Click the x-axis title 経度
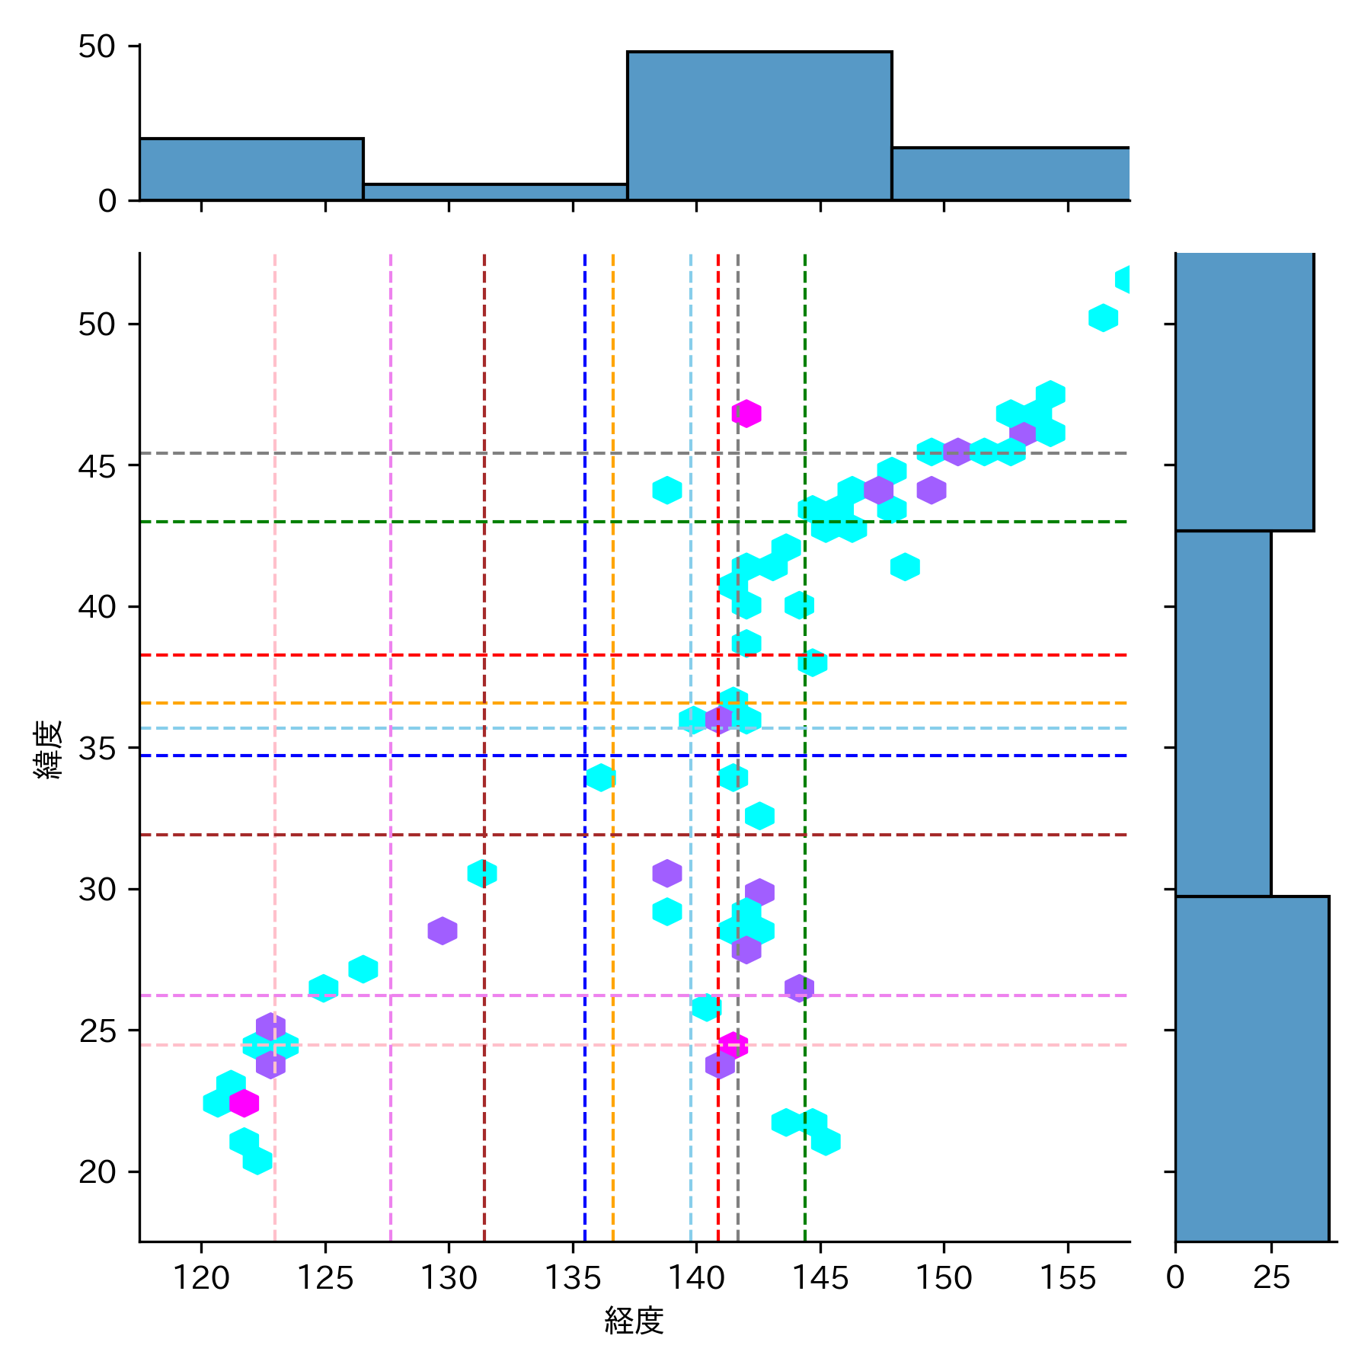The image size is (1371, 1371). [x=634, y=1321]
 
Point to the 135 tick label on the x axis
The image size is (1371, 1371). [x=573, y=1277]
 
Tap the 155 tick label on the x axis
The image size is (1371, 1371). [x=1068, y=1277]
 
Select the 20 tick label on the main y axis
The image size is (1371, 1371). [x=97, y=1172]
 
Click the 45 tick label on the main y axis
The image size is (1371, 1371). [x=97, y=466]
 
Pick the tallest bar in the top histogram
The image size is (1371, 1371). [x=759, y=126]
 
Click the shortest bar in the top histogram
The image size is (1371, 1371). [x=495, y=192]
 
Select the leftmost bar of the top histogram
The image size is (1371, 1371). [x=251, y=169]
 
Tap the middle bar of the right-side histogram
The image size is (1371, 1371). [x=1222, y=713]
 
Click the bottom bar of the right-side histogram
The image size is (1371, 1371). [x=1251, y=1068]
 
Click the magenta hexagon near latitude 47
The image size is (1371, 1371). [x=746, y=414]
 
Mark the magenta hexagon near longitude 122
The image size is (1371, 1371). [x=244, y=1102]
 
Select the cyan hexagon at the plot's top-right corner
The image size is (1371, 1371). [x=1124, y=280]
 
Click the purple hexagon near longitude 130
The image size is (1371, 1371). [x=443, y=931]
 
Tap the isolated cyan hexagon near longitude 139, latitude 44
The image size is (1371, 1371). [x=667, y=490]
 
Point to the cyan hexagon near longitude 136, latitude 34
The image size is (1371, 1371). [x=600, y=778]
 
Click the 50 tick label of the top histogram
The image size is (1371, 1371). [x=97, y=47]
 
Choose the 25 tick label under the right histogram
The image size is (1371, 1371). [x=1271, y=1277]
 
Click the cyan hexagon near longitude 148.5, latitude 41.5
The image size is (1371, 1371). [x=905, y=567]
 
